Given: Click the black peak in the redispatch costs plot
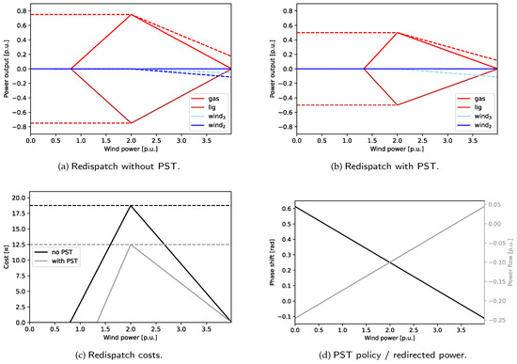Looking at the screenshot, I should pyautogui.click(x=132, y=205).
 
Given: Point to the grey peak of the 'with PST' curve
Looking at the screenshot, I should pyautogui.click(x=132, y=245).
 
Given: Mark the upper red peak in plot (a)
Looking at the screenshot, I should pyautogui.click(x=132, y=14).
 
